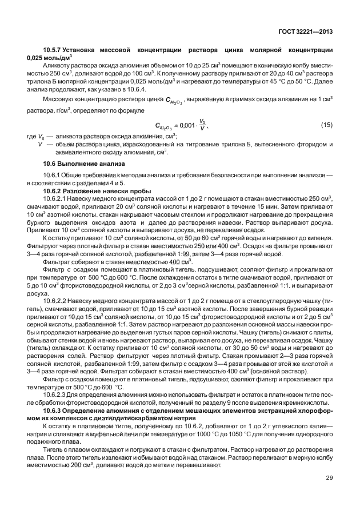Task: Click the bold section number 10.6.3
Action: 54,412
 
